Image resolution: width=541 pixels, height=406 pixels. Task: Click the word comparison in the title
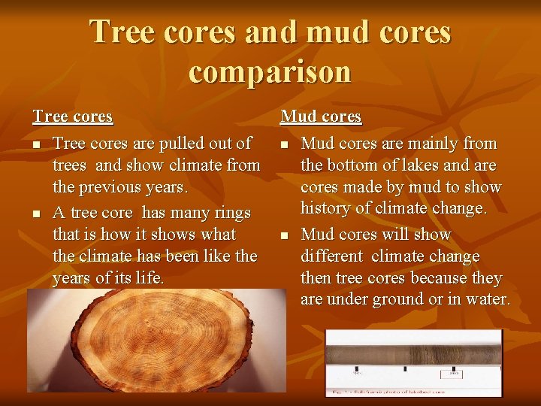[x=270, y=71]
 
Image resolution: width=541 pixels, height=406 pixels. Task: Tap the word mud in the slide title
[x=316, y=32]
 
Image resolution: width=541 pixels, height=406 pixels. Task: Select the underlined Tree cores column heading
[x=72, y=117]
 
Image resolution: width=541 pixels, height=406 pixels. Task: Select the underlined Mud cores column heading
[x=321, y=117]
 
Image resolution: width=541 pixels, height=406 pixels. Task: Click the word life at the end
[x=150, y=278]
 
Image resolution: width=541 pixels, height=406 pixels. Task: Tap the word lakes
[x=415, y=165]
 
